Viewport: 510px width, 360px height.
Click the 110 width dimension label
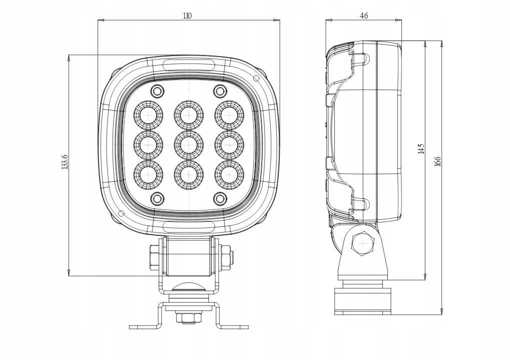coord(187,16)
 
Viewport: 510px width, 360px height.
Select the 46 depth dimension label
coord(364,16)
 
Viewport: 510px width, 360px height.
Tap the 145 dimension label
coord(421,148)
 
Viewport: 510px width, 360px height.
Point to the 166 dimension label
coord(437,161)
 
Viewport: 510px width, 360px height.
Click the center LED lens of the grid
coord(189,145)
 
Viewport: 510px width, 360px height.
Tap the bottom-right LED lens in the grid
coord(229,174)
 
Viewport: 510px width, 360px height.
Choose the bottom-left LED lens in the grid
coord(149,174)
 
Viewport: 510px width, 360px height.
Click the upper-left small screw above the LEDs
coord(157,91)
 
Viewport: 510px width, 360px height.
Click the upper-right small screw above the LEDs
coord(219,91)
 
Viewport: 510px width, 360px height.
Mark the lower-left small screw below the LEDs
coord(157,198)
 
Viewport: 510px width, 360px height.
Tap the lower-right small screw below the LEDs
coord(219,198)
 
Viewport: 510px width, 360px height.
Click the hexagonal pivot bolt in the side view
coord(362,244)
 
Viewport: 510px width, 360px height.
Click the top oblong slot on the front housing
coord(189,64)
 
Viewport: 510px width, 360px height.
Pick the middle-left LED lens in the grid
coord(149,145)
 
